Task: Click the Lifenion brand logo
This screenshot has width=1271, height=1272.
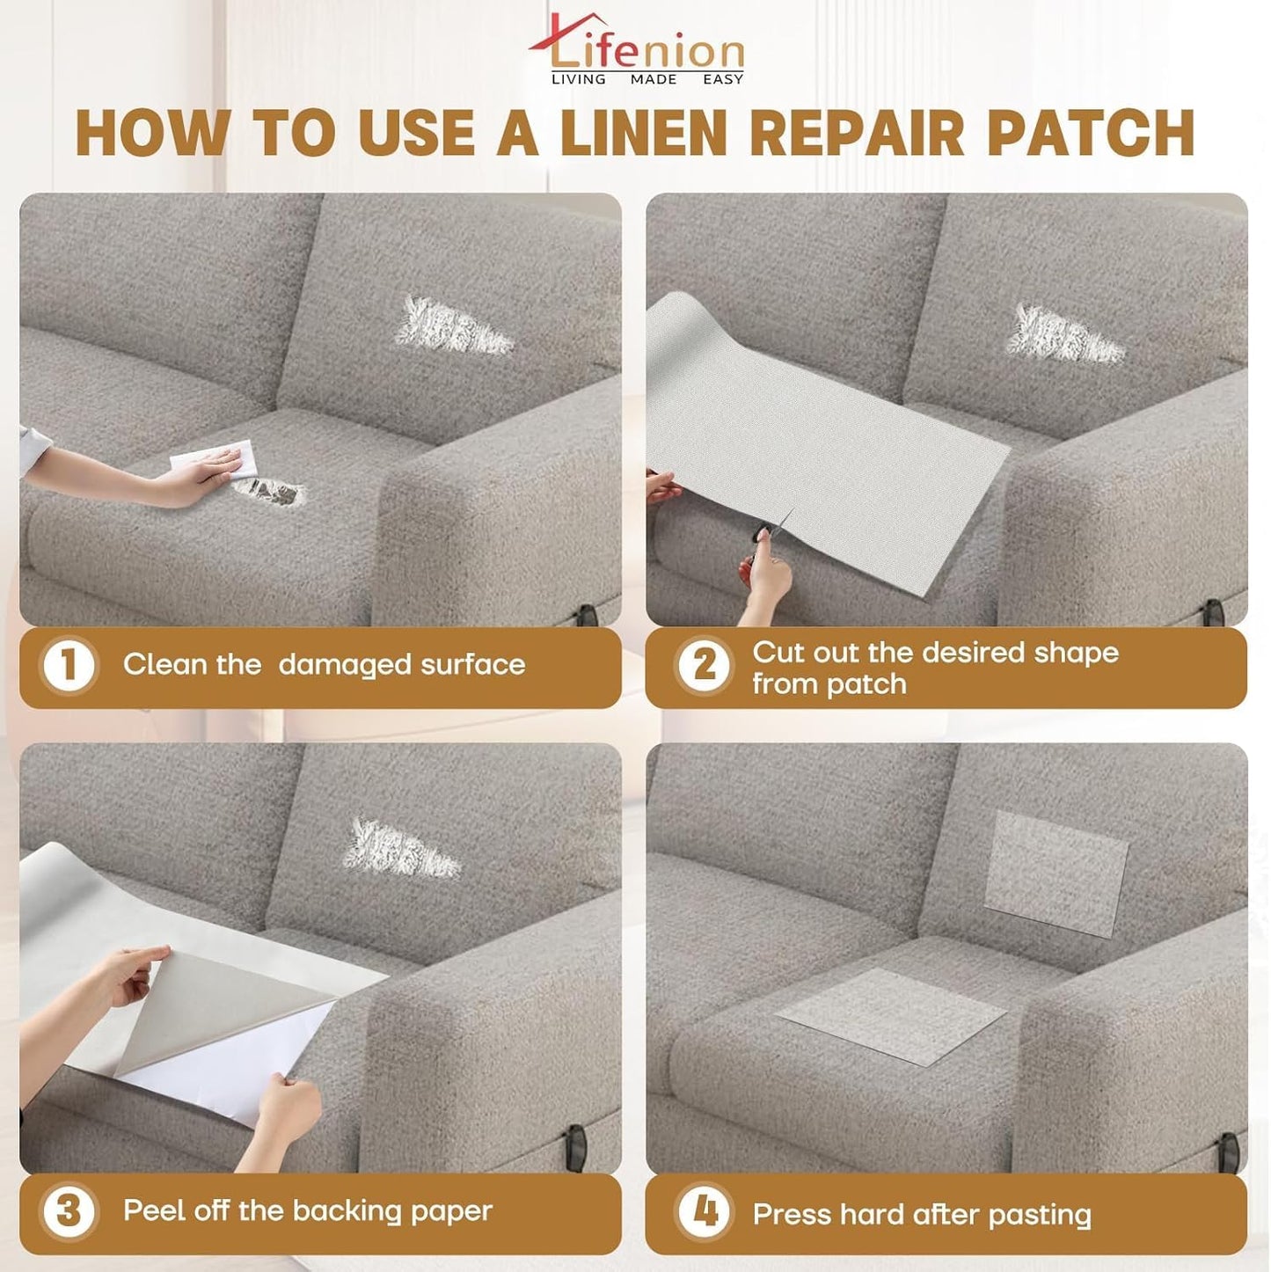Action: click(x=636, y=48)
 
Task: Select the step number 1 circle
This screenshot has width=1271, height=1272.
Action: click(x=69, y=665)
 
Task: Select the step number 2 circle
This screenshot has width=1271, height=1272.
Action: click(x=704, y=665)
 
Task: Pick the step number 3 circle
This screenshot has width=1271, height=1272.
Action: click(x=69, y=1212)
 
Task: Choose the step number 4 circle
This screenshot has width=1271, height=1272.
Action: click(x=704, y=1212)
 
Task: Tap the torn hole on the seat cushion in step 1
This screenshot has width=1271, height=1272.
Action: click(x=269, y=492)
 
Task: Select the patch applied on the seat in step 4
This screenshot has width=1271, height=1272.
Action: click(x=891, y=1014)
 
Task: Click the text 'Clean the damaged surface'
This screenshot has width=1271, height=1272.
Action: click(x=324, y=664)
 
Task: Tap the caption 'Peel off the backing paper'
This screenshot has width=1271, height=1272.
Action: click(x=307, y=1211)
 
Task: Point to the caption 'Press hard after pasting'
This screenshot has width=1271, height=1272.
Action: click(x=921, y=1215)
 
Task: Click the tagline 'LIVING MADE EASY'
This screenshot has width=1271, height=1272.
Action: click(x=646, y=79)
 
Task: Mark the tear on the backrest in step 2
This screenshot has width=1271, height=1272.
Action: click(x=1066, y=334)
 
